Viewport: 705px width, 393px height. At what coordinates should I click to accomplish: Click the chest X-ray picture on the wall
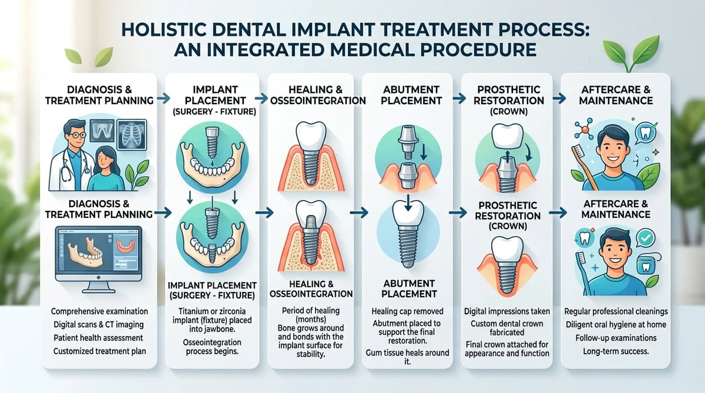pos(132,135)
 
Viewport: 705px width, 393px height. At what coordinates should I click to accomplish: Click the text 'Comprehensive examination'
pos(99,311)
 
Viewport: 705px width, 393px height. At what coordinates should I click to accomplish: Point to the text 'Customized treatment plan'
pos(99,351)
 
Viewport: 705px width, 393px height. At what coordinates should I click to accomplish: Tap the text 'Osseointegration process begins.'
pos(212,347)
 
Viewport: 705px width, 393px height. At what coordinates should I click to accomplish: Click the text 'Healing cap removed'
pos(408,311)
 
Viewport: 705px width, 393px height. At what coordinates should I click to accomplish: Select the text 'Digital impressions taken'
pos(507,311)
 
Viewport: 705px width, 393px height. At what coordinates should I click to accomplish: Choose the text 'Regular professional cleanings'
pos(616,311)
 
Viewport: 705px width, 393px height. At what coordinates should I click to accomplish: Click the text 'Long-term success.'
pos(616,351)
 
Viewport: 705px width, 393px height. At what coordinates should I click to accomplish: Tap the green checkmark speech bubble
pos(645,239)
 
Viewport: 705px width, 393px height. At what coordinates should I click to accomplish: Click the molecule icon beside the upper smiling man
pos(585,129)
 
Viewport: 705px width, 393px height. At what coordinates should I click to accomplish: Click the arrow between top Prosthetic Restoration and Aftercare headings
pos(559,99)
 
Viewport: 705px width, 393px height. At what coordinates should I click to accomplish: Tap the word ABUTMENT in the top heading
pos(411,90)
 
